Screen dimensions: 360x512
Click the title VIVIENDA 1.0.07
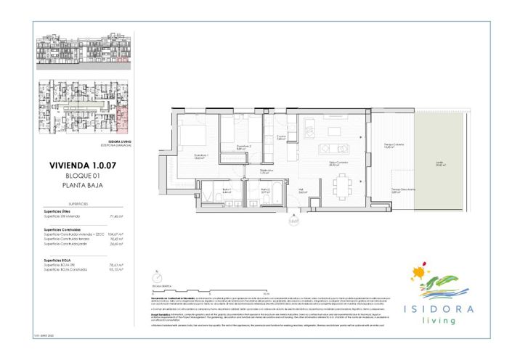point(82,165)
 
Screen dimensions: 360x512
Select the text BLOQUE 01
point(82,176)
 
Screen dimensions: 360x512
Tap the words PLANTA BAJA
point(82,185)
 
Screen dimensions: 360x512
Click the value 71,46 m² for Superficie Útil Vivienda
point(116,216)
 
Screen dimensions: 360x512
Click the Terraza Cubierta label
point(393,146)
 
